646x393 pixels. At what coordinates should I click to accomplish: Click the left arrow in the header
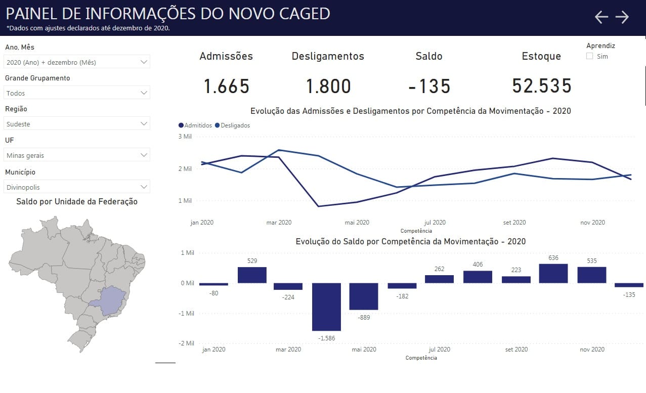click(x=601, y=17)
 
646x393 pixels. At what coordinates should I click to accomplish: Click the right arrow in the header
click(x=622, y=17)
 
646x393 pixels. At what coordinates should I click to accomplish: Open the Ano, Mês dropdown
click(x=77, y=62)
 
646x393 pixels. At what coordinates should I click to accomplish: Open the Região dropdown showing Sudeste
click(x=77, y=124)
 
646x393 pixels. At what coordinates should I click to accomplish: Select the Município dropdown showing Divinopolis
click(x=77, y=187)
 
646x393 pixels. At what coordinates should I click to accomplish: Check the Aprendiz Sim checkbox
click(x=590, y=56)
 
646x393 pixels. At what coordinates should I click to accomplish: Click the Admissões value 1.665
click(x=227, y=86)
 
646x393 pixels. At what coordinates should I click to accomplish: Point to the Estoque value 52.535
click(x=542, y=86)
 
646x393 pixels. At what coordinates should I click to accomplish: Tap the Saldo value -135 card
click(x=429, y=86)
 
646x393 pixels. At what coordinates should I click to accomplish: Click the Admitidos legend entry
click(x=195, y=125)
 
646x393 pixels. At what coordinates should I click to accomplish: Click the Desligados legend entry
click(x=232, y=125)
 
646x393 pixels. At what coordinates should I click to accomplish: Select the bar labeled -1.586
click(x=326, y=307)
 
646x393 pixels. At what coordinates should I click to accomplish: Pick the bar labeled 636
click(x=553, y=273)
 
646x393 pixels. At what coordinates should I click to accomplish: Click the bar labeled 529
click(x=252, y=275)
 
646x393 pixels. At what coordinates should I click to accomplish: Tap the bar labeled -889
click(x=364, y=296)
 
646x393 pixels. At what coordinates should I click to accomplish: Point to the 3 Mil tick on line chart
click(x=185, y=137)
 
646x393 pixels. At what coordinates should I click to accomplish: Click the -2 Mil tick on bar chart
click(x=186, y=343)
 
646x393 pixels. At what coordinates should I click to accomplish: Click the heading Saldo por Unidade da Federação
click(x=77, y=201)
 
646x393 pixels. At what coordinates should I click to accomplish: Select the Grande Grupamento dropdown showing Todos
click(x=77, y=93)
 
